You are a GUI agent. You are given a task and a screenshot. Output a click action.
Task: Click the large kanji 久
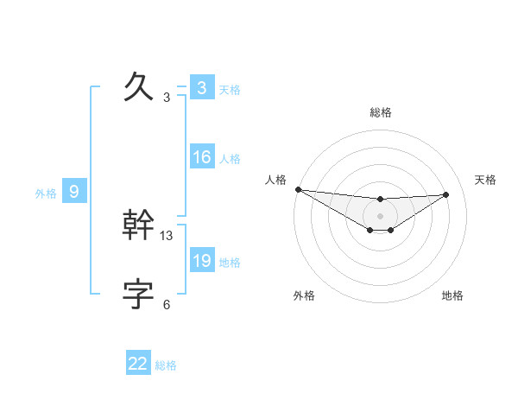139,87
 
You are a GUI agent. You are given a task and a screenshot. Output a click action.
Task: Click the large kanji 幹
139,225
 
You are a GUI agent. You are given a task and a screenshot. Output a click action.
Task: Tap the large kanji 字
139,295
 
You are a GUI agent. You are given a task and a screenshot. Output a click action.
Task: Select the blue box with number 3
201,88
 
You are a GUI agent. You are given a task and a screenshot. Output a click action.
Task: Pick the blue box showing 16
201,157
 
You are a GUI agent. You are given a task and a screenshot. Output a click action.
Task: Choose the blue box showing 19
201,261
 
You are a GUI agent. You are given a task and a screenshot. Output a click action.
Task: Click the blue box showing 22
138,364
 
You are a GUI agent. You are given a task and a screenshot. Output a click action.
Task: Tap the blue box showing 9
73,192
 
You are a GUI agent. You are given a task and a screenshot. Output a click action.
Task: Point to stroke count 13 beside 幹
167,235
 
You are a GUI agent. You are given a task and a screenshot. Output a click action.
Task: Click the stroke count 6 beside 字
167,304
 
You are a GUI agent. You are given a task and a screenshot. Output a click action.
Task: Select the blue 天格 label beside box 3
230,90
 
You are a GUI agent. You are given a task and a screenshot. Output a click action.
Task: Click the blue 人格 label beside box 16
230,159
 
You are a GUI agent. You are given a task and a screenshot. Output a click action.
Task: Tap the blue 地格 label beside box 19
230,263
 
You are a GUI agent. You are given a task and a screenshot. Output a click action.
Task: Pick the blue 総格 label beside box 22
166,365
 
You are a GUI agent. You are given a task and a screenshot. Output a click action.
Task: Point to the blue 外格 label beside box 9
46,193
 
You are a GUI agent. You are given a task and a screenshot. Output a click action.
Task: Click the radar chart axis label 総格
380,112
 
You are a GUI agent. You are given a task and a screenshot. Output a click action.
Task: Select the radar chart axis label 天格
485,180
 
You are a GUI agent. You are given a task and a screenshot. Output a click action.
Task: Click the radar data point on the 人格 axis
298,189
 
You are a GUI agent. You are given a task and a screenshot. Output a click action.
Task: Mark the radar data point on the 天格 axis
446,194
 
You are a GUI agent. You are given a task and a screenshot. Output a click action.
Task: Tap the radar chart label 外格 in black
304,295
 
